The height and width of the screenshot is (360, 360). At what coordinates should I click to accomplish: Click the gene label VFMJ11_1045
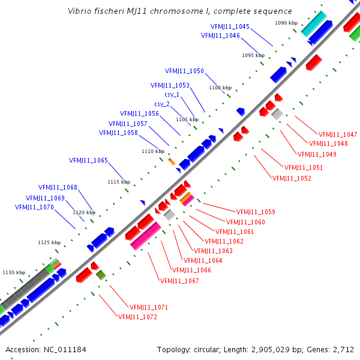click(230, 26)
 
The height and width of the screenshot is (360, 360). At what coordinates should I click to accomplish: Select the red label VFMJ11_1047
click(338, 134)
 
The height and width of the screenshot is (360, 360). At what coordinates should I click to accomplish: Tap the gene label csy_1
click(172, 94)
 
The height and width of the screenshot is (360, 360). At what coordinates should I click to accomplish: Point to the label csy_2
click(162, 104)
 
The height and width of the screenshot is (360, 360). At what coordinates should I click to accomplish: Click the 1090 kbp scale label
click(286, 23)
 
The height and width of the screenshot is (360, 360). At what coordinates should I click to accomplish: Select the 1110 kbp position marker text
click(153, 152)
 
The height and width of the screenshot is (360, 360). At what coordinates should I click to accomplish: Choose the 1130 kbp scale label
click(14, 272)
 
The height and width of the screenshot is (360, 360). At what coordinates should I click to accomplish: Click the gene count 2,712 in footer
click(343, 349)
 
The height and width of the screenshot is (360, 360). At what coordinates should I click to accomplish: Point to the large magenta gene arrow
click(146, 236)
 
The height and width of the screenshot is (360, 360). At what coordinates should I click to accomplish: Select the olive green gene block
click(101, 275)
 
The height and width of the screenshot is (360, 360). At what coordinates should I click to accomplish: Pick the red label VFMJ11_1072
click(137, 316)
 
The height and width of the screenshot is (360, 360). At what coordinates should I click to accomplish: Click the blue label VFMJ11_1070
click(34, 207)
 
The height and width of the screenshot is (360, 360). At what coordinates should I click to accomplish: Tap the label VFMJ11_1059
click(256, 212)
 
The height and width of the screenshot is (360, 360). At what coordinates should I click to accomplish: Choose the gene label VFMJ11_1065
click(88, 160)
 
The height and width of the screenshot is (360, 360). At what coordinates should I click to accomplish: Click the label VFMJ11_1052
click(292, 178)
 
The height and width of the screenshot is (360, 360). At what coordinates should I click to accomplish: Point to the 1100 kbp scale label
click(220, 88)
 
